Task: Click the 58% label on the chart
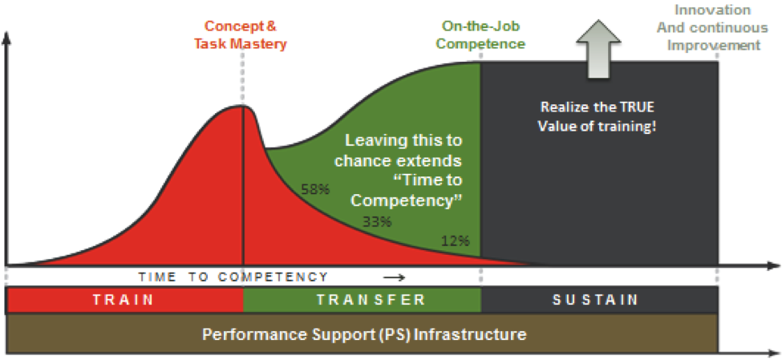click(315, 189)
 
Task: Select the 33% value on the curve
click(377, 222)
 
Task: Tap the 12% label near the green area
click(456, 241)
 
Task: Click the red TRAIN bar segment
click(124, 300)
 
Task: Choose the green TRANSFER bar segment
click(362, 300)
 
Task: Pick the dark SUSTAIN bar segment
click(599, 300)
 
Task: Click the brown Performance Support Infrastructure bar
click(362, 333)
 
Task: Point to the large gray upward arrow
click(598, 48)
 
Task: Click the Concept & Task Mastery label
click(241, 35)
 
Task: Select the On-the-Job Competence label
click(480, 35)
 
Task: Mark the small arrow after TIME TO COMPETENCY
click(395, 277)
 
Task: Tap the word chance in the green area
click(359, 161)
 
